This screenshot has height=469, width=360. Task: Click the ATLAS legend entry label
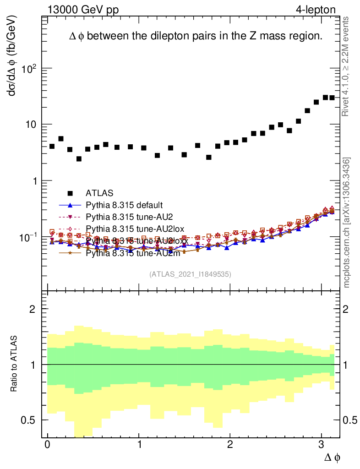(x=99, y=193)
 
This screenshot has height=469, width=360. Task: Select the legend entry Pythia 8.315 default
(x=124, y=205)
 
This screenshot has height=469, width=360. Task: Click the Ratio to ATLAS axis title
(x=15, y=364)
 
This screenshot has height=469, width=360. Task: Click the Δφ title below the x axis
(x=332, y=457)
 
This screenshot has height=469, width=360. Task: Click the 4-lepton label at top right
(x=316, y=10)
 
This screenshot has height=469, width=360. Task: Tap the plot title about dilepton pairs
(x=196, y=36)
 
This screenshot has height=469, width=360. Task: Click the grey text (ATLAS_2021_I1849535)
(x=190, y=274)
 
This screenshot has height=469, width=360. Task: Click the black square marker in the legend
(x=70, y=193)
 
